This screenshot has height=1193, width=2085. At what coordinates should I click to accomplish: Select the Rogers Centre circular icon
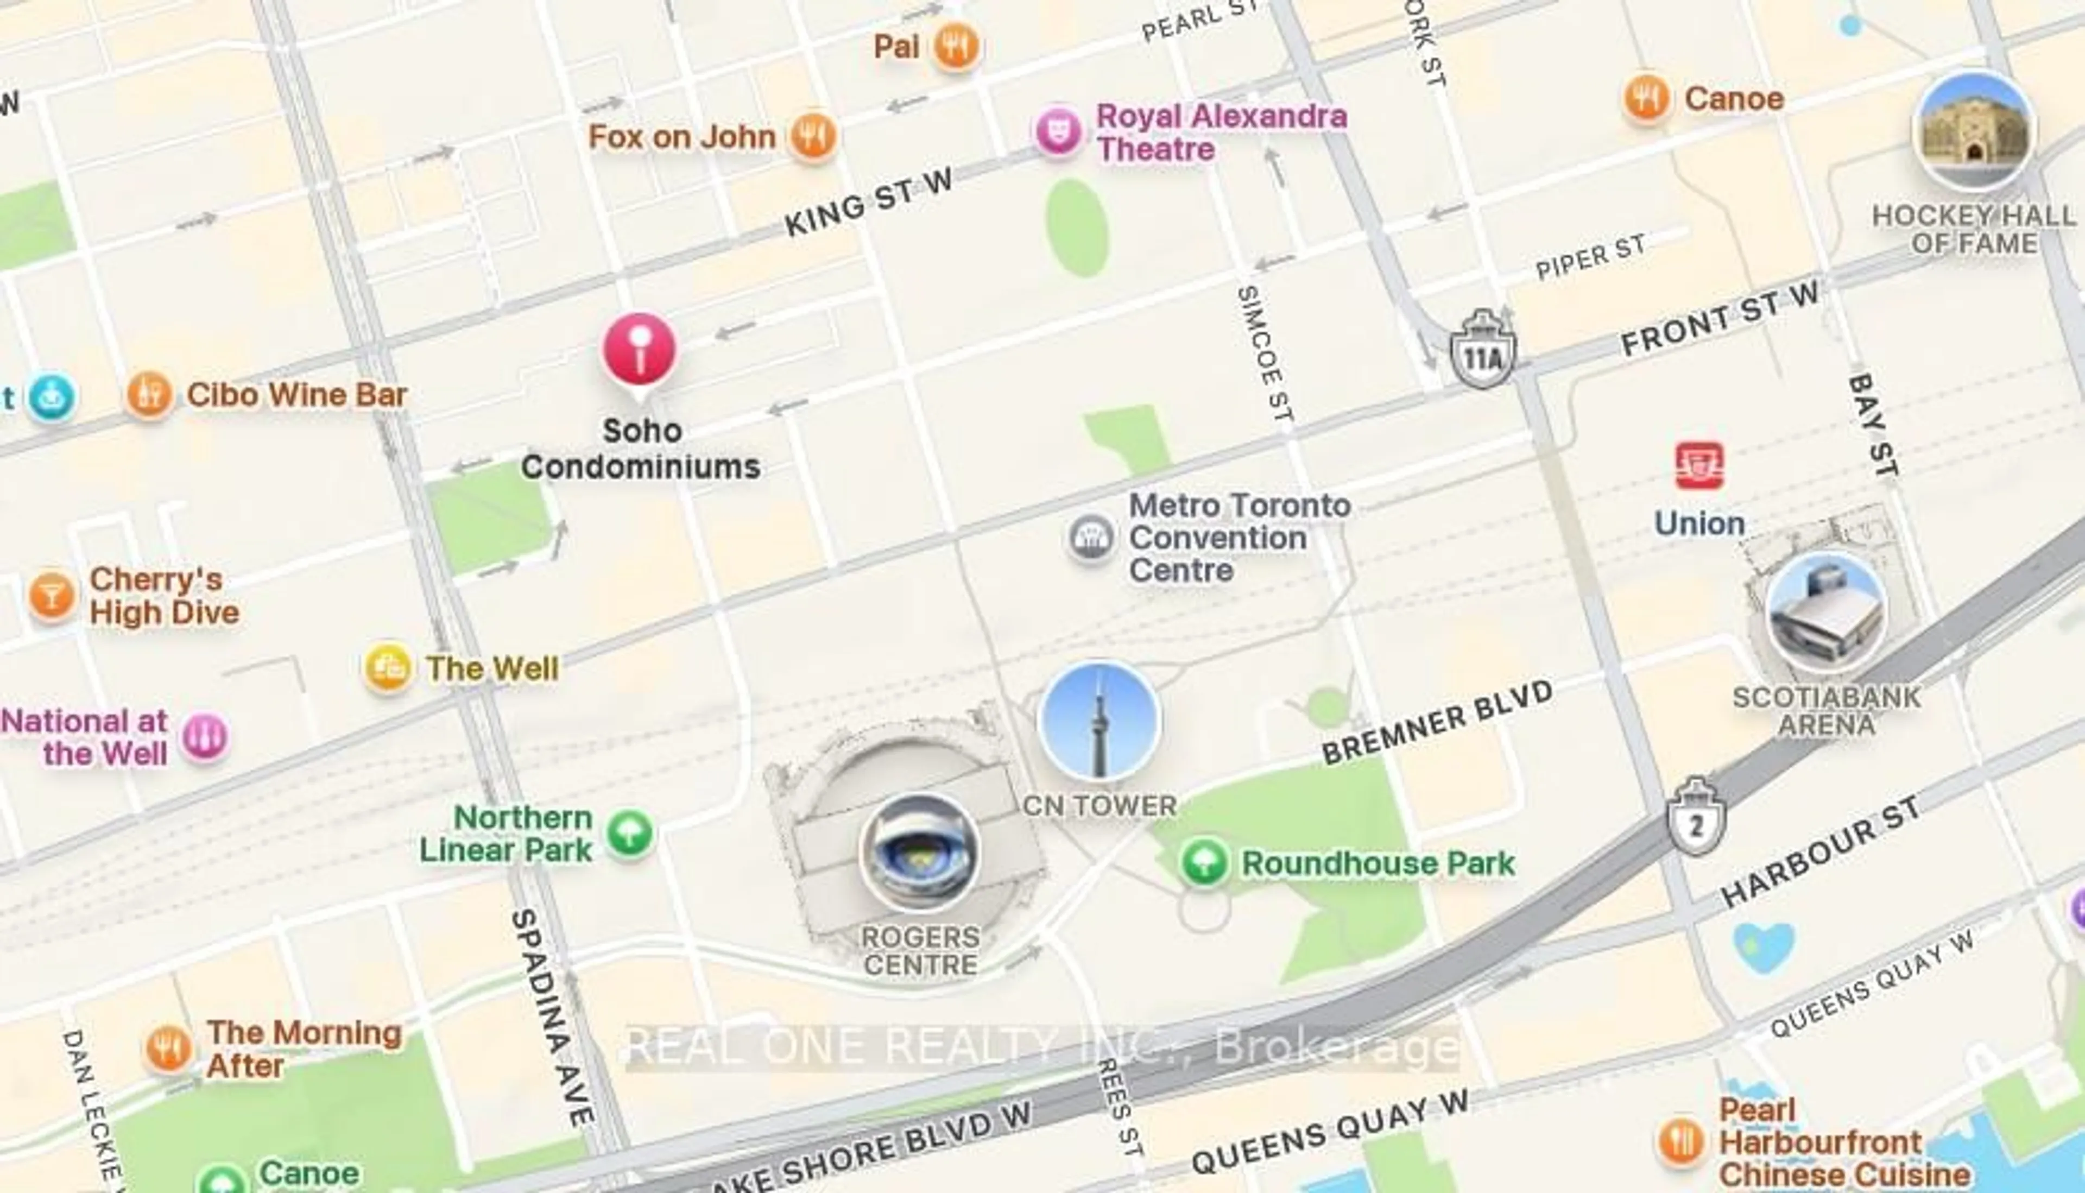pos(919,852)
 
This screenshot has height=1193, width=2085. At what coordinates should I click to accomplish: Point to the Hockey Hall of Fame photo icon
pos(1974,131)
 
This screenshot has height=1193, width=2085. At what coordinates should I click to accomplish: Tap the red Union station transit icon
pos(1699,465)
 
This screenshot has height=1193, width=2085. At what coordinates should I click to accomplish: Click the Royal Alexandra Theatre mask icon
pos(1058,131)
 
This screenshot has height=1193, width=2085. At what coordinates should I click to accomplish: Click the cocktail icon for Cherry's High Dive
pos(52,596)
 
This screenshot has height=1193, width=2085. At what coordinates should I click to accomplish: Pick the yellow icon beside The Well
pos(388,668)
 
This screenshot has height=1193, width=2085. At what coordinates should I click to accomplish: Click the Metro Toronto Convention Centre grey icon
pos(1091,538)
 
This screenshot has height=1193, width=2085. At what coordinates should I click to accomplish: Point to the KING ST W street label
pos(868,201)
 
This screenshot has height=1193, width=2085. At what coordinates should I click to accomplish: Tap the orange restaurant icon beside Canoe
pos(1646,98)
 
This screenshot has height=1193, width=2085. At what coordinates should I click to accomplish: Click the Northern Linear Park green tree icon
pos(630,834)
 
